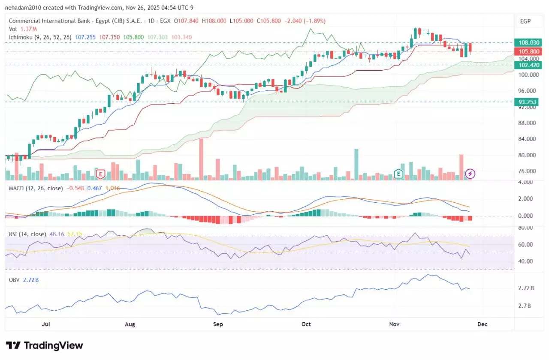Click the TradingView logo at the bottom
point(44,345)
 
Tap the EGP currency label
point(525,21)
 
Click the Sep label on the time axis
point(218,324)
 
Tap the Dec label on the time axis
point(482,324)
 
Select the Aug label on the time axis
point(130,324)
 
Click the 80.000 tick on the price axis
point(528,155)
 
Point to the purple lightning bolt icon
point(471,174)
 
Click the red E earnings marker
point(101,174)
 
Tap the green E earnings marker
point(398,174)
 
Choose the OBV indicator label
point(14,280)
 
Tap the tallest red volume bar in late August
point(201,159)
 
